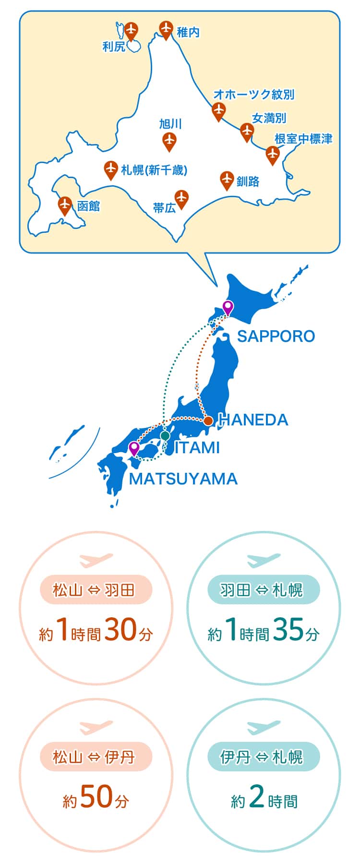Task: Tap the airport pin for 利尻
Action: (131, 31)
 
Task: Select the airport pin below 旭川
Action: (169, 141)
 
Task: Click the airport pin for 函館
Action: (65, 205)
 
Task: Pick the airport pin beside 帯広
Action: (181, 198)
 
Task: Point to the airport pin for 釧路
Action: (227, 180)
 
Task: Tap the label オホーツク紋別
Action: (253, 95)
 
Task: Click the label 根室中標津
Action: (303, 139)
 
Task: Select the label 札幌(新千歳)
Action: (154, 169)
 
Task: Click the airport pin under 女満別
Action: (247, 131)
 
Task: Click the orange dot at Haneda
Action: (208, 421)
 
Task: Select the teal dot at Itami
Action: (165, 436)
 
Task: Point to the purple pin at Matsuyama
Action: (134, 449)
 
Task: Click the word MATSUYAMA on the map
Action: (183, 479)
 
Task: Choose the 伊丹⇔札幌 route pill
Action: (263, 757)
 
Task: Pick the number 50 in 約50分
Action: (96, 797)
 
